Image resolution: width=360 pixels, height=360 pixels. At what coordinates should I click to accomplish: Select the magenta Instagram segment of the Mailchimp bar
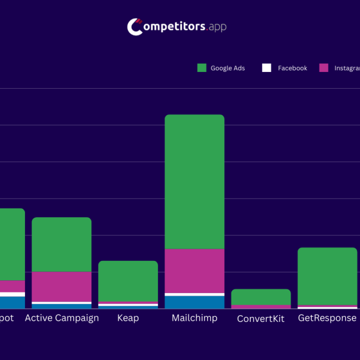tap(194, 270)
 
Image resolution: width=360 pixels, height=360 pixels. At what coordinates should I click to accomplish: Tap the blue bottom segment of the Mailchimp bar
tap(194, 302)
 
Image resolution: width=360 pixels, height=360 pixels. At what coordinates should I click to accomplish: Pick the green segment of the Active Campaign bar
tap(61, 244)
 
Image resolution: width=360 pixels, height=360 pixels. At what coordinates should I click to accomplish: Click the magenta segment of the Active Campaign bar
tap(61, 286)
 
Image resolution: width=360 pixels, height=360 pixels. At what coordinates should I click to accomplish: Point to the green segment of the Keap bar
tap(128, 281)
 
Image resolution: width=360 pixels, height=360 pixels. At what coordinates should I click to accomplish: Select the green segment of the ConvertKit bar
tap(261, 297)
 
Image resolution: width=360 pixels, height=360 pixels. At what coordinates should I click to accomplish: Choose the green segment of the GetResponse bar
tap(327, 276)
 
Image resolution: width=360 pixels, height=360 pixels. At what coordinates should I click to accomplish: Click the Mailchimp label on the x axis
tap(194, 318)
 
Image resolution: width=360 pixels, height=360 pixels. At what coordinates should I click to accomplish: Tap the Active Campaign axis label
tap(61, 318)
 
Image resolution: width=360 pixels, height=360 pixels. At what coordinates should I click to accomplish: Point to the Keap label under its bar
tap(128, 318)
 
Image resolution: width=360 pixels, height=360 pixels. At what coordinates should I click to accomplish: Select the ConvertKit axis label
tap(261, 319)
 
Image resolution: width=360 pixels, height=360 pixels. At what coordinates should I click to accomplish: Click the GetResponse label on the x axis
tap(327, 318)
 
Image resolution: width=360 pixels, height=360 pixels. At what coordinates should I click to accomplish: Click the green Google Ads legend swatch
tap(202, 68)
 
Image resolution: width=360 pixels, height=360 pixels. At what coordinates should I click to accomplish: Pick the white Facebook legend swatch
tap(266, 68)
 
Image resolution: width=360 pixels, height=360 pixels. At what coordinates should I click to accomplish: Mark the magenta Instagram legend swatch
tap(324, 68)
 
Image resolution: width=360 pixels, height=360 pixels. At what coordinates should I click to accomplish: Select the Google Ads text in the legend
tap(228, 68)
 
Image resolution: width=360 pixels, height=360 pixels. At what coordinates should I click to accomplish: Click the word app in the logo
tap(218, 27)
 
